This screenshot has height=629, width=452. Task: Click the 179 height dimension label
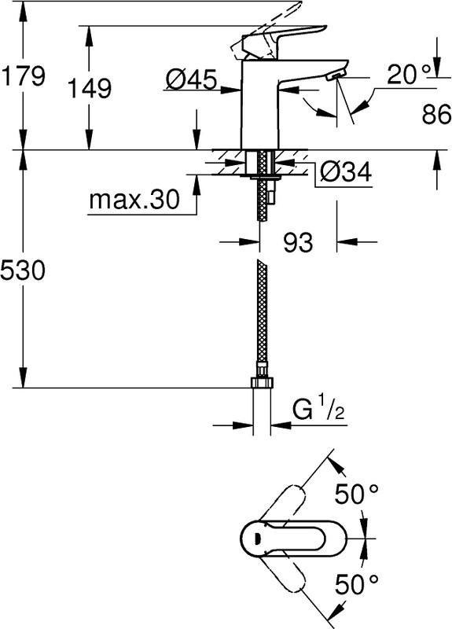(x=23, y=77)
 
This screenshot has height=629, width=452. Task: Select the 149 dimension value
(x=89, y=88)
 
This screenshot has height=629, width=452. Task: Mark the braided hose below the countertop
(x=261, y=197)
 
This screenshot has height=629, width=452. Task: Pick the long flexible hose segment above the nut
(x=261, y=314)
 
